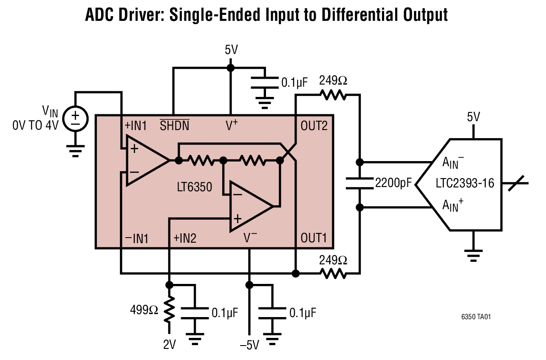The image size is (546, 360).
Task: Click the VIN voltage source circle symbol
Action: point(75,118)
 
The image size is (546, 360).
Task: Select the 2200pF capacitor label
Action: point(393,184)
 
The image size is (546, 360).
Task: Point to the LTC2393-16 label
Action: point(465,184)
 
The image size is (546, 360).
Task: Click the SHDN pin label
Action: point(174,126)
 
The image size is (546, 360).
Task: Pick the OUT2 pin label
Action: point(314,126)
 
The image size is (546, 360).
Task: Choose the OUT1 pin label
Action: point(314,238)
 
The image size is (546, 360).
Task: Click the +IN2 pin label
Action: point(185,238)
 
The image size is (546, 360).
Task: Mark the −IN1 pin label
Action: point(136,238)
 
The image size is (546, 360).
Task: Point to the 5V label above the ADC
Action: point(473,117)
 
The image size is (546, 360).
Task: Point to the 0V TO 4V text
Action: point(35,126)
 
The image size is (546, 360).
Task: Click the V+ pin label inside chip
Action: point(232,126)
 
